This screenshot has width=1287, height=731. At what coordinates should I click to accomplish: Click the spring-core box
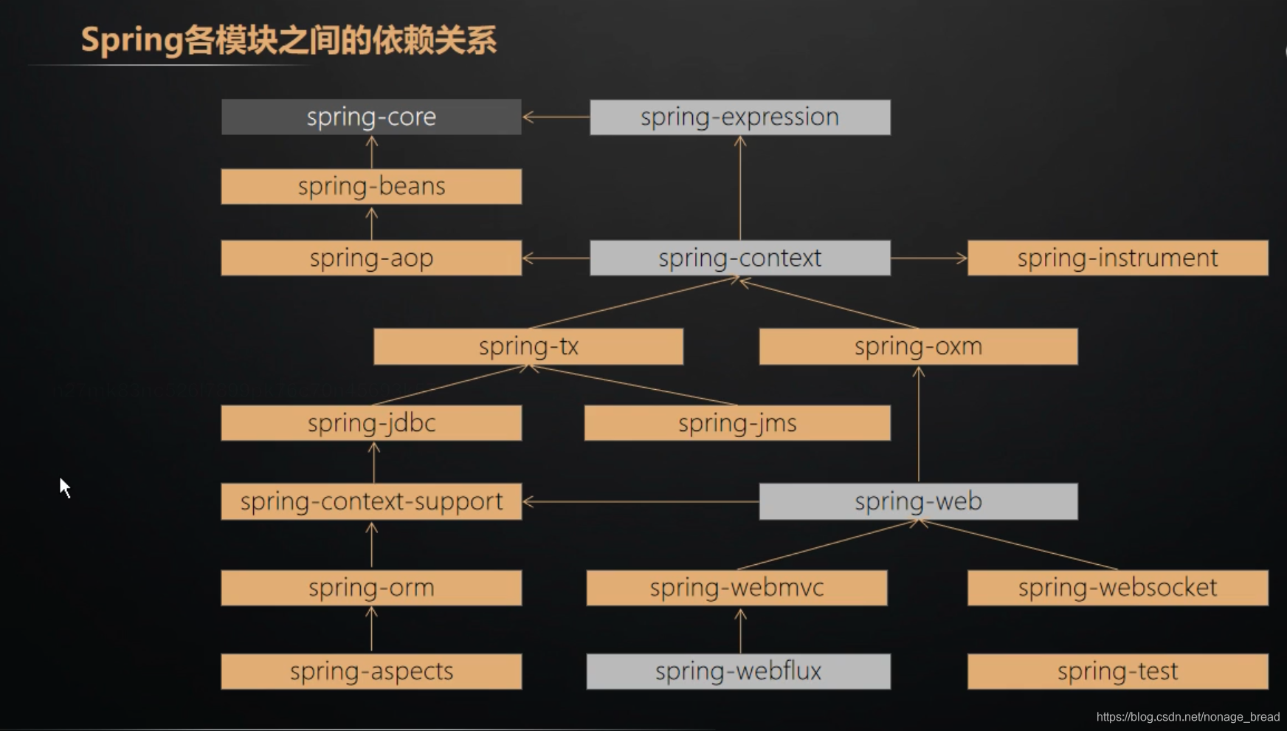pos(371,117)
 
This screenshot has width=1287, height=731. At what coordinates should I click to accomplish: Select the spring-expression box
pos(739,117)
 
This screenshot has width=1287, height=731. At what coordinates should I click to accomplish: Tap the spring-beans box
pos(371,186)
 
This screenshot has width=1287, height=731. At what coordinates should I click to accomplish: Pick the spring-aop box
pos(371,258)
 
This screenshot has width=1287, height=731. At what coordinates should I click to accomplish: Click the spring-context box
pos(739,258)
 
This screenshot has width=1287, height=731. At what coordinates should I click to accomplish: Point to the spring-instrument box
pos(1117,258)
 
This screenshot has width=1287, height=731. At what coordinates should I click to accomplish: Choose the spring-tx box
pos(528,346)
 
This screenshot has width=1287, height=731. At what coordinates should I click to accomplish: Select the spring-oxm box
pos(918,346)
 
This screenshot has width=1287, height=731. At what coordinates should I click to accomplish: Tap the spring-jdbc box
pos(371,423)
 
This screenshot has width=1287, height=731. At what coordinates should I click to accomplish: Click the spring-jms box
pos(737,423)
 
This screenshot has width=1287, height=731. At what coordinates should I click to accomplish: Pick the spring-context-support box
pos(371,501)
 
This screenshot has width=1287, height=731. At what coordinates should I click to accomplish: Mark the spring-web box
pos(918,501)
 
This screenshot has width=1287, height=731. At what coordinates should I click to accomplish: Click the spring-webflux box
pos(738,671)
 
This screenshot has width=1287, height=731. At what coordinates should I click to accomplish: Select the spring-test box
pos(1117,671)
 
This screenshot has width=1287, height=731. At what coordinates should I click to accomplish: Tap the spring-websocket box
pos(1117,588)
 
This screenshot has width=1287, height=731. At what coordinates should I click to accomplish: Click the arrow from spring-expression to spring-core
pos(556,117)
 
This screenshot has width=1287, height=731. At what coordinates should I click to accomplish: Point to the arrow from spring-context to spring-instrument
pos(928,258)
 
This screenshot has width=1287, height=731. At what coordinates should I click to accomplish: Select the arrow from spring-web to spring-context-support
pos(640,501)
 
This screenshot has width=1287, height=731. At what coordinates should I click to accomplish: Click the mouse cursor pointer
pos(65,487)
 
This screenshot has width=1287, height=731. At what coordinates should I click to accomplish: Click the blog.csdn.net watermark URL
pos(1187,717)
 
